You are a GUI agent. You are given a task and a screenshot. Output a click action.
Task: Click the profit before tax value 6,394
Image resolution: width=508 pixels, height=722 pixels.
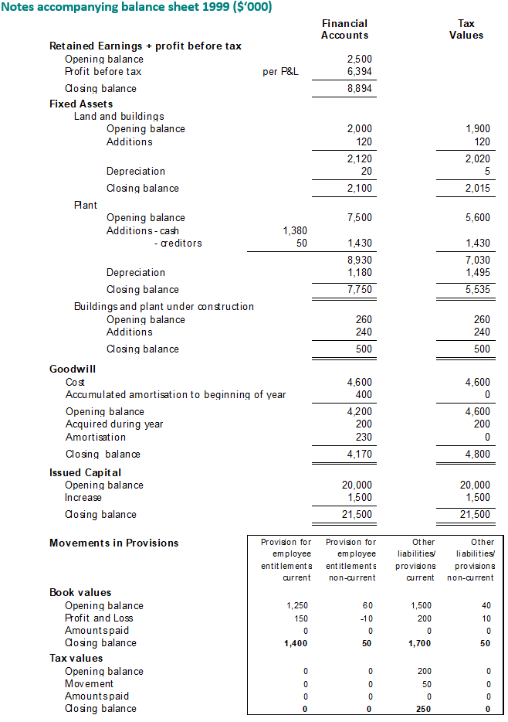tap(360, 72)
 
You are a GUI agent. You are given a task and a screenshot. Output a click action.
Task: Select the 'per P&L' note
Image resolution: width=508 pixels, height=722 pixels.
tap(280, 72)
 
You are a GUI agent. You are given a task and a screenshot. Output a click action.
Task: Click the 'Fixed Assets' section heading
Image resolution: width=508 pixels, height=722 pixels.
tap(81, 104)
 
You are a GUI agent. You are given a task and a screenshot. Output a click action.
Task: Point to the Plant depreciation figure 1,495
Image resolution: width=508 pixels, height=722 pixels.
tap(478, 272)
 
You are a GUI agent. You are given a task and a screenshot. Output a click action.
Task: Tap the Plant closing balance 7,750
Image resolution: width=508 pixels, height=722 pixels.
tap(360, 289)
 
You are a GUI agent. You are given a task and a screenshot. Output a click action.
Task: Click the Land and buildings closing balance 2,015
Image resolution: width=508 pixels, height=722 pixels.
tap(478, 188)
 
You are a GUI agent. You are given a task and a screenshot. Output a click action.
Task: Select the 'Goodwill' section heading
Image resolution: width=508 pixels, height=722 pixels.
tap(73, 369)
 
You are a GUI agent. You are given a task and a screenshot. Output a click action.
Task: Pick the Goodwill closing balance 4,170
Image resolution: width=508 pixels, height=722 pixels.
tap(360, 454)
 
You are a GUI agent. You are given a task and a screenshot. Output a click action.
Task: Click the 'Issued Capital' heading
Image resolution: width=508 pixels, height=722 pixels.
tap(85, 472)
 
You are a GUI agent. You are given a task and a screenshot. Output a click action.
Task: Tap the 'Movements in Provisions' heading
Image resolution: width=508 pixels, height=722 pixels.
tap(113, 543)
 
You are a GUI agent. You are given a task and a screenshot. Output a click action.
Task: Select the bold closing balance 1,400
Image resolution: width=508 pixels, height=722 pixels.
tap(297, 642)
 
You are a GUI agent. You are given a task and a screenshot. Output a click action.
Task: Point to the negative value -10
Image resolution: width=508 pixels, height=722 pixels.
tap(366, 618)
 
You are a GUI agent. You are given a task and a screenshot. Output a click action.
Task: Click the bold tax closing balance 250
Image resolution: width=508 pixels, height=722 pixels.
tap(424, 708)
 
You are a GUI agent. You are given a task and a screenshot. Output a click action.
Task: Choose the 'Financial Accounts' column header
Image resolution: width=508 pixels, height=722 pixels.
tap(344, 29)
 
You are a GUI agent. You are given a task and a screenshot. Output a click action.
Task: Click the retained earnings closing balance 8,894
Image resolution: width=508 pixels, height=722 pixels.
tap(360, 89)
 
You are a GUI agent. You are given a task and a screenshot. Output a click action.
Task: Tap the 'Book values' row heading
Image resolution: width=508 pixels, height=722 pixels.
tap(80, 592)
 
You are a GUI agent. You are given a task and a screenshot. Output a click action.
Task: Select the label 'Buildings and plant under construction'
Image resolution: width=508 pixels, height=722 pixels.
tap(164, 306)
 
